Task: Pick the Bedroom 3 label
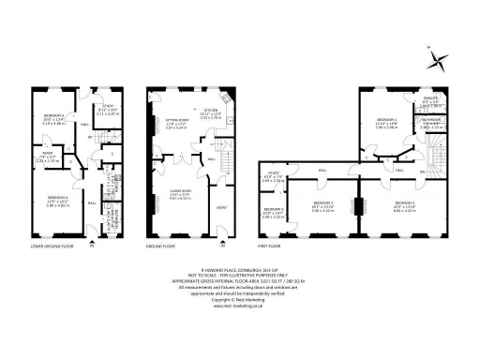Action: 323,203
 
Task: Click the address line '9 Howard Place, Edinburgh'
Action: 240,267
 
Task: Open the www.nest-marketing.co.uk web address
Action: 240,307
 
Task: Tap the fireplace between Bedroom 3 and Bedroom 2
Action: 359,204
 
